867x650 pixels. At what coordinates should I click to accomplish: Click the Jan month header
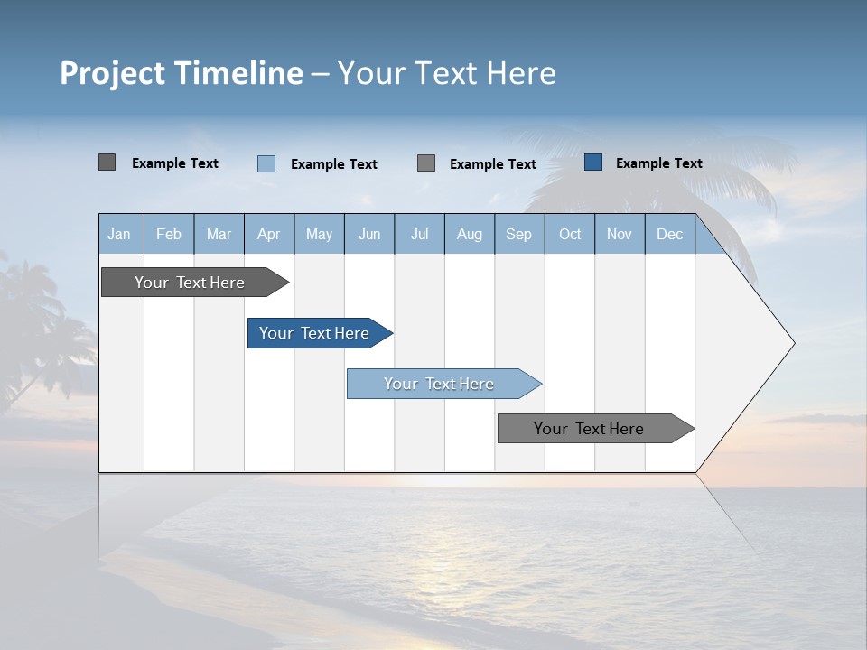click(119, 234)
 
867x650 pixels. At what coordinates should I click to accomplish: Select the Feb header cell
click(169, 234)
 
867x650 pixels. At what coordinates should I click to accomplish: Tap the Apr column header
click(268, 234)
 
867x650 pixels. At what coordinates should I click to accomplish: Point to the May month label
click(319, 234)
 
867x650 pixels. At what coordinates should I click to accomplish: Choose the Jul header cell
click(419, 234)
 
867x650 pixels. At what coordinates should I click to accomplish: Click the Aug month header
click(469, 234)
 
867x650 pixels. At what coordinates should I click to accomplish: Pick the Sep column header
click(518, 234)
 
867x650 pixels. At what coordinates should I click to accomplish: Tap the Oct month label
click(570, 234)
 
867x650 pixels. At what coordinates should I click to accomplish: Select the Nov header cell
click(620, 234)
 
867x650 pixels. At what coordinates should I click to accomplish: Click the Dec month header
click(669, 234)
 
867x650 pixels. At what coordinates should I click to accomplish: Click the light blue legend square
click(266, 163)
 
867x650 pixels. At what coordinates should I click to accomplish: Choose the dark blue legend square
click(593, 162)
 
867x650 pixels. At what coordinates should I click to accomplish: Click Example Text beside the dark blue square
click(658, 163)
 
